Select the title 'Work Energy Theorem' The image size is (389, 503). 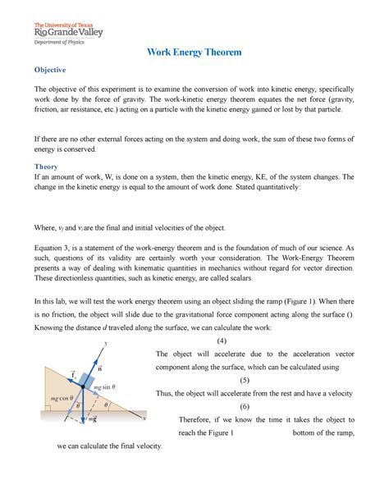pyautogui.click(x=194, y=53)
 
